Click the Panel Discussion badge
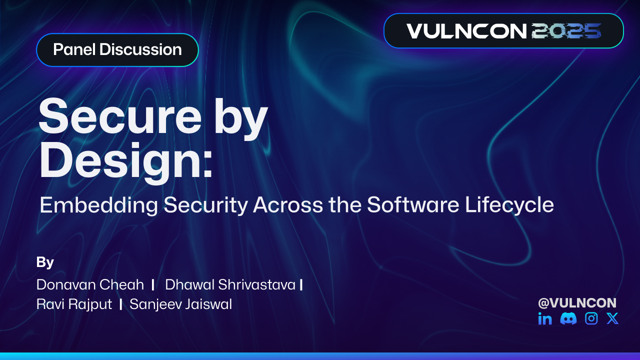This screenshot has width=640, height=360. pos(117,50)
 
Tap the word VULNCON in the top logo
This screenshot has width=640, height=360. pos(466,31)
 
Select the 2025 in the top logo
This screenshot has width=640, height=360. pos(566,31)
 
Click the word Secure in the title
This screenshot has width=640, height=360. pos(117,115)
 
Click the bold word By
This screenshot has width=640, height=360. pos(45,262)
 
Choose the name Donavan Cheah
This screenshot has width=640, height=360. pos(90,285)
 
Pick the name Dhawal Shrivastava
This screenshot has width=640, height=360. pos(230,285)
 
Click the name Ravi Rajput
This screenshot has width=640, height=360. pos(74,304)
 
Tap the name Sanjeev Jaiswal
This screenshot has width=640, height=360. pos(180,304)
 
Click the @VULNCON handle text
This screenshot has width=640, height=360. pos(577,303)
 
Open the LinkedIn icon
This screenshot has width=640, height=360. pos(545,318)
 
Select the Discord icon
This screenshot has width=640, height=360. pos(568,318)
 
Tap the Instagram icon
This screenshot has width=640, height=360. pos(591,318)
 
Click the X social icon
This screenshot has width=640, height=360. pos(612,318)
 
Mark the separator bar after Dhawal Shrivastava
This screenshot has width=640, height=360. pos(301,285)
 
